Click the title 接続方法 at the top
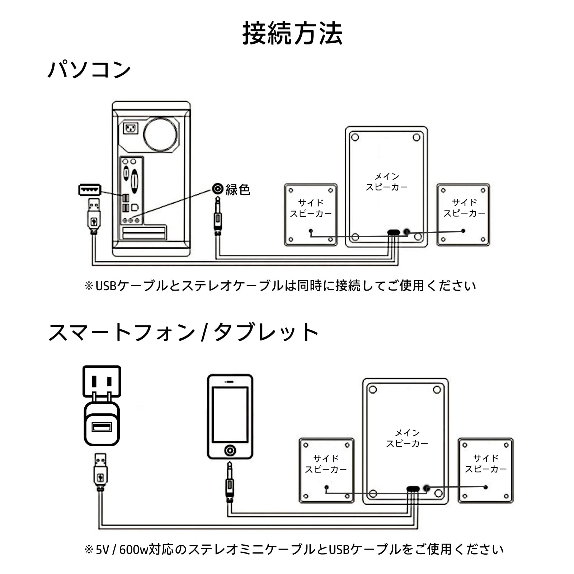coord(292,33)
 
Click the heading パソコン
coord(89,70)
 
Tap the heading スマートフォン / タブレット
coord(183,332)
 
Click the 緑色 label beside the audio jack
coord(237,189)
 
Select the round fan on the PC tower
coord(160,135)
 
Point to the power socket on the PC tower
coord(131,128)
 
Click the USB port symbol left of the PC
coord(90,189)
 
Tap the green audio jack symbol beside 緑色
coord(218,189)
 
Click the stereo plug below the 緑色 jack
coord(217,216)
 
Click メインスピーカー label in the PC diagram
coord(386,182)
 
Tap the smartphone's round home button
coord(230,450)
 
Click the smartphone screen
coord(230,415)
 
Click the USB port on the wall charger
coord(102,427)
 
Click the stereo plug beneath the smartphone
coord(230,482)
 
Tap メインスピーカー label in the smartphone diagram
coord(407,438)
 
